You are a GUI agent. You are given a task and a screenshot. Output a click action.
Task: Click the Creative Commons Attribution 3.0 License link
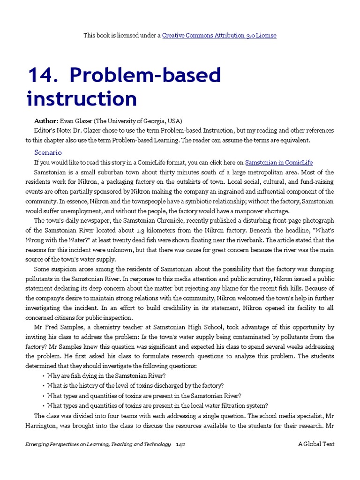(219, 35)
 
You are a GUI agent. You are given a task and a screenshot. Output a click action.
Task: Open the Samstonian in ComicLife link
(279, 163)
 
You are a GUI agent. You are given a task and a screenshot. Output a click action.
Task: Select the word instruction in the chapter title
(82, 99)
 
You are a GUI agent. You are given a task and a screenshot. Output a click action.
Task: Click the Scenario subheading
(48, 152)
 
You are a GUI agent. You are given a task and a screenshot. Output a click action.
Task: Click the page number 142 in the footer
(181, 444)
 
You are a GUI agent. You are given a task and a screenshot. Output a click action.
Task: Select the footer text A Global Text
(316, 444)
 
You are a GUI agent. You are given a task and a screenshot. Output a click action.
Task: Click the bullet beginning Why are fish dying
(106, 375)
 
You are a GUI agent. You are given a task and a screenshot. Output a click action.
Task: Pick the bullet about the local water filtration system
(157, 405)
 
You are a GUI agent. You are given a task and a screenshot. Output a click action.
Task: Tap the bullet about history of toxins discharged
(135, 385)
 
